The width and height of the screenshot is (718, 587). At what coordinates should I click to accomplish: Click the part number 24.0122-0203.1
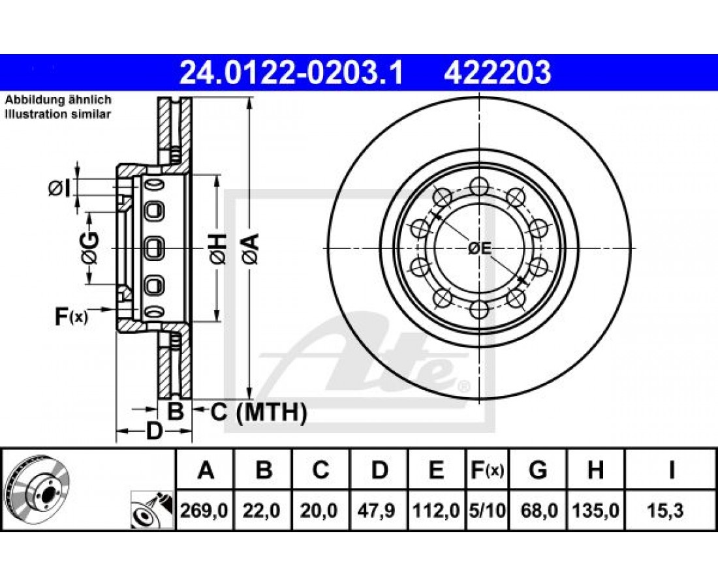291,73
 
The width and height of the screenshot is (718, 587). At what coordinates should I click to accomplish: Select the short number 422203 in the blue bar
497,73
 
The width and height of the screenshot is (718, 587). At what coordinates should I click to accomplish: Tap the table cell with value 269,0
204,510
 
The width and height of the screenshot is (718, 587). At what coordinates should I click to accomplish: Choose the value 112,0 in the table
437,510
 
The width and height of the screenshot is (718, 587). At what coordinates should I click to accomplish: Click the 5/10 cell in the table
488,510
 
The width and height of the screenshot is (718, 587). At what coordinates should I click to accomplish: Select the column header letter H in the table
595,470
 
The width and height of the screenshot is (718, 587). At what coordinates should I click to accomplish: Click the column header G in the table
538,470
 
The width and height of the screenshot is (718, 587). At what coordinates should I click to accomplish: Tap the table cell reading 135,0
596,510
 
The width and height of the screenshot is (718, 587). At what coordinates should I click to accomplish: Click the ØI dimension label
59,188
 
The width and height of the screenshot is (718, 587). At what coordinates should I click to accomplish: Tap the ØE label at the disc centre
480,248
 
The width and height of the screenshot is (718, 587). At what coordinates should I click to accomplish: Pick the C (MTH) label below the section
258,412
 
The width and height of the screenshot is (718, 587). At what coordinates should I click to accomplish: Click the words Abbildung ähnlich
58,100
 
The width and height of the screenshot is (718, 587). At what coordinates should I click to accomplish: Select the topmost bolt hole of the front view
478,186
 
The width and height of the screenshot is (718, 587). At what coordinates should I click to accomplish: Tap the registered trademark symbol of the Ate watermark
464,387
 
